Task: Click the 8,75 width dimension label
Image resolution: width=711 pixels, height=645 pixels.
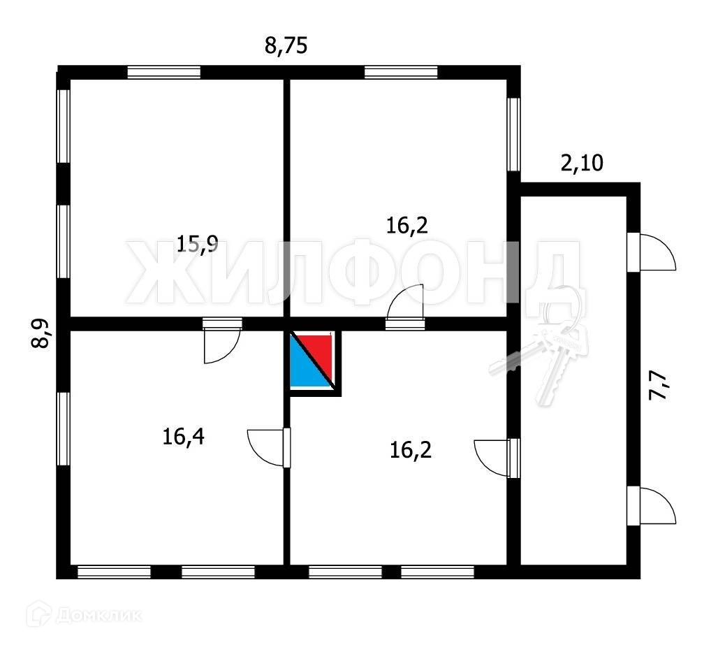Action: pos(286,47)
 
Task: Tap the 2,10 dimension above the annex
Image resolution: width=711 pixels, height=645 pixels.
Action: pos(582,164)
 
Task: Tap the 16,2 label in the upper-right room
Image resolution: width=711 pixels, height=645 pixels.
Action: pos(407,225)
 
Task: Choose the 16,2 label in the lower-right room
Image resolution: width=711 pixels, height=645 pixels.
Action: pos(411,449)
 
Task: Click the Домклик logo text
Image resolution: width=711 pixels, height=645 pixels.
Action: pos(97,616)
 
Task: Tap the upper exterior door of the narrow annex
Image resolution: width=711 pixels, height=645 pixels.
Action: pos(652,252)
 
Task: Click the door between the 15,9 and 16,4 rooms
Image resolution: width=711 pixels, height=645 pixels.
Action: pos(221,342)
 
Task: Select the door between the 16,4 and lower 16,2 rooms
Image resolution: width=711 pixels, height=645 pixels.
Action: pos(270,447)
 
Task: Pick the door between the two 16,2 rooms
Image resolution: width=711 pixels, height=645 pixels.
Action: pos(406,305)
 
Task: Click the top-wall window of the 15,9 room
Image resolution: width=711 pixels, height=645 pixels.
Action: pos(164,72)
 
